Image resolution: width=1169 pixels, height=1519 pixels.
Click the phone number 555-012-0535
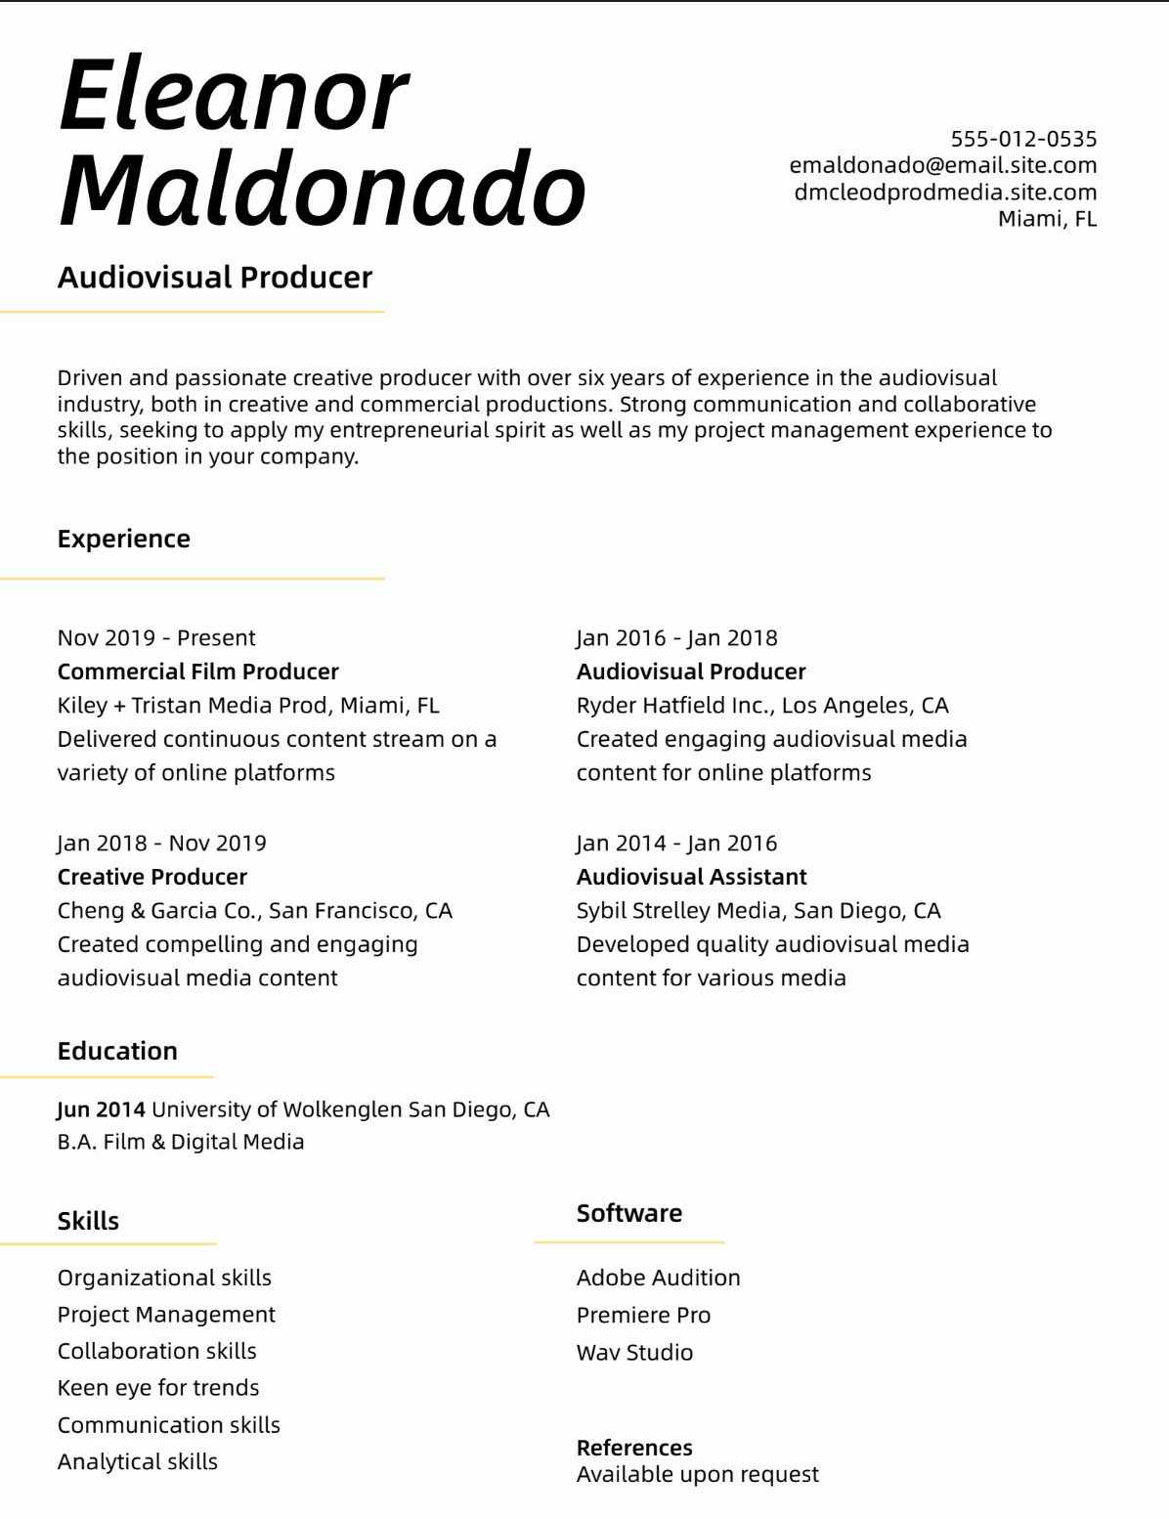tap(1023, 139)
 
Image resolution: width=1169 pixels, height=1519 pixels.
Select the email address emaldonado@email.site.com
tap(942, 165)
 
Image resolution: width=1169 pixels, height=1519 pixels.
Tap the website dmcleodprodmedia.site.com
tap(944, 192)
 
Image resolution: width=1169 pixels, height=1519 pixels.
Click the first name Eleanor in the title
tap(234, 96)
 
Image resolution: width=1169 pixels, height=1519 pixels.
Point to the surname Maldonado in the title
tap(322, 190)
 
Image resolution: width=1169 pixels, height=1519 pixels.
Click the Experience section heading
tap(123, 539)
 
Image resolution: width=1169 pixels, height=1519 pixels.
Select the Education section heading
tap(117, 1051)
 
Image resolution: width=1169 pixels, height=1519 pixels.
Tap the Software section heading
tap(628, 1213)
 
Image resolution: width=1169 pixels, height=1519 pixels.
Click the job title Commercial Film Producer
tap(197, 672)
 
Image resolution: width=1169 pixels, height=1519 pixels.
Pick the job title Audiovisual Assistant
tap(691, 877)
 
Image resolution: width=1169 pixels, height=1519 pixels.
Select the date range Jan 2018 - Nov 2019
tap(161, 843)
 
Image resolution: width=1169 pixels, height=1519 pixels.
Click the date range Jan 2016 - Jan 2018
tap(676, 637)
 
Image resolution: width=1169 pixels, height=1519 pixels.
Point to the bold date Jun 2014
tap(101, 1109)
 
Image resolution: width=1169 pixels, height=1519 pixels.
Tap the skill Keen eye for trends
tap(158, 1387)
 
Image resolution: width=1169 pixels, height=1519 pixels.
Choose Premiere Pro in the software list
tap(643, 1315)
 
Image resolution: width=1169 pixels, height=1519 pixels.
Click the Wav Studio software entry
tap(634, 1352)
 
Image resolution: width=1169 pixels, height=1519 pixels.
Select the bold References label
tap(634, 1448)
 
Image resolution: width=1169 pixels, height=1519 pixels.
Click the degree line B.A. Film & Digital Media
tap(181, 1142)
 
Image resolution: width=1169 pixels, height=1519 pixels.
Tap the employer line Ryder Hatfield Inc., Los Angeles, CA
tap(762, 705)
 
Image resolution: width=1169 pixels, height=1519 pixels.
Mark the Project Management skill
tap(166, 1314)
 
